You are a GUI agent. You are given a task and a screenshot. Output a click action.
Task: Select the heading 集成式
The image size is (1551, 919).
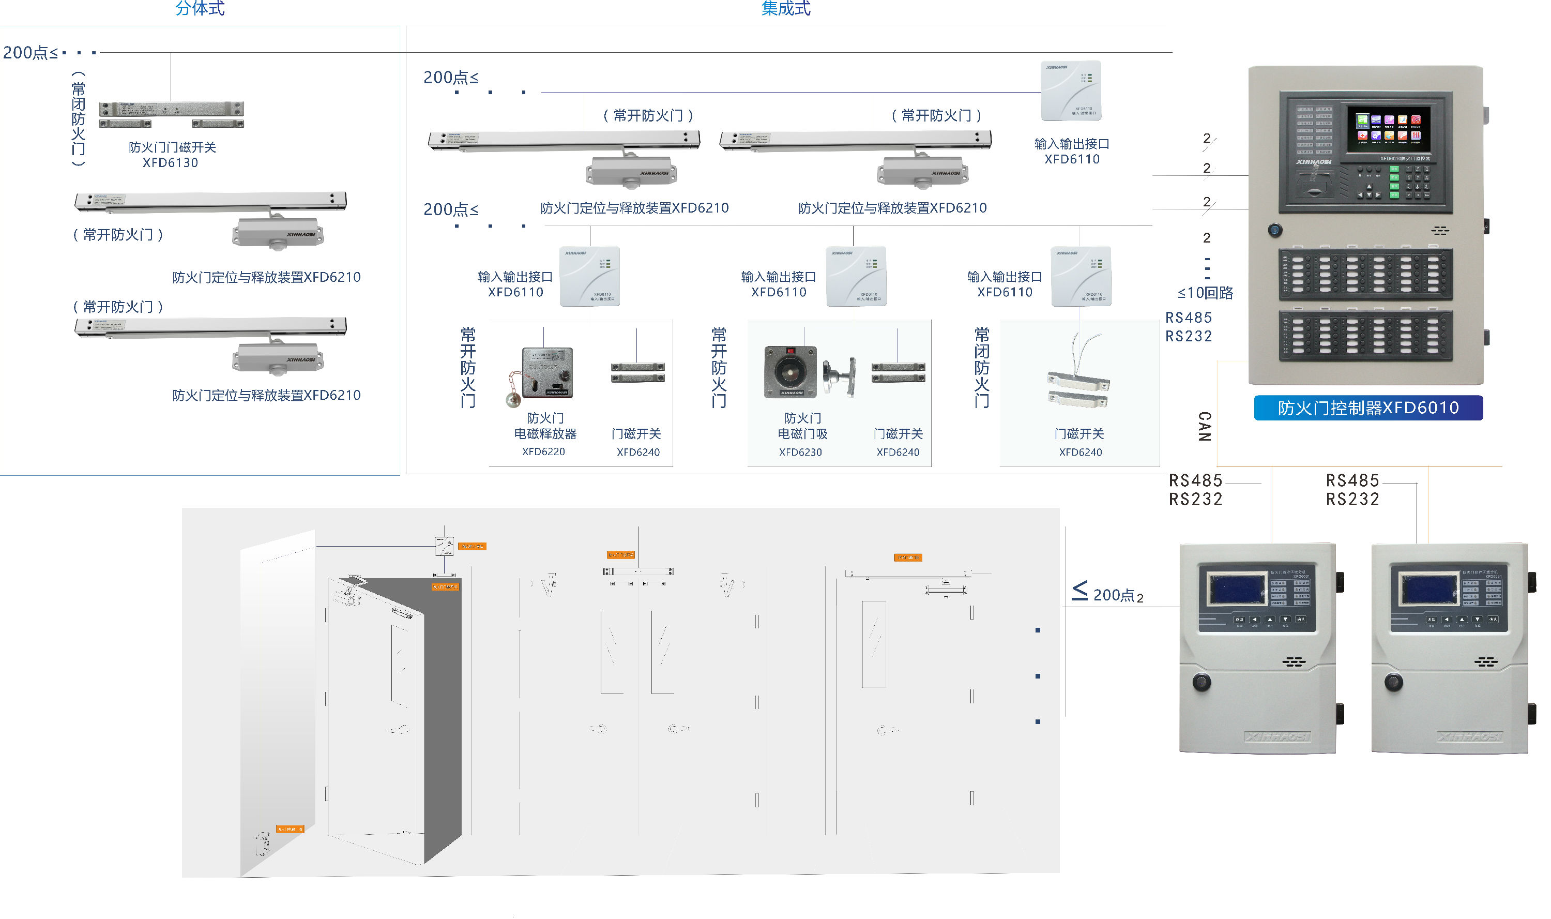(785, 9)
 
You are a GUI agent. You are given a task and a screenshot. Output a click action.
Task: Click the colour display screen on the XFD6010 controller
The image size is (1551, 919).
(1388, 129)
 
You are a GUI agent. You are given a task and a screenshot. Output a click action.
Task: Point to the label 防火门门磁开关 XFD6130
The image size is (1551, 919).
(172, 154)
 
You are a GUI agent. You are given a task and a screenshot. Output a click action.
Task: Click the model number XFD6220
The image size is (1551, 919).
(543, 451)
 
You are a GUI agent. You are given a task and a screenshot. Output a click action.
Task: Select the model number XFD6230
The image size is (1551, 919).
(800, 452)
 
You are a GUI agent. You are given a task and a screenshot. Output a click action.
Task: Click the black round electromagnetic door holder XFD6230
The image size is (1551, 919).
(790, 371)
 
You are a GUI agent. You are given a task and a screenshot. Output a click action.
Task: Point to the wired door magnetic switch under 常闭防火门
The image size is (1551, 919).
(1077, 388)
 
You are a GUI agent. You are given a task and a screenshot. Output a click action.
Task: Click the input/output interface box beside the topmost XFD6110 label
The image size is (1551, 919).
(1071, 91)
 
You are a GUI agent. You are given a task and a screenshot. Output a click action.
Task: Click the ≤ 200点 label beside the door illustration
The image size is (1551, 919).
(1108, 594)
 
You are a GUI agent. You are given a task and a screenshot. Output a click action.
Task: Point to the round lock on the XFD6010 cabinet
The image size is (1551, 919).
(1274, 230)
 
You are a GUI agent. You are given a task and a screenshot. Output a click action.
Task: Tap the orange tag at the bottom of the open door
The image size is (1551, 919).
(290, 828)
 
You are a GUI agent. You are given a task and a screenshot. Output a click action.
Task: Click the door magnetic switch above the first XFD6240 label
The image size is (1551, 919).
(637, 373)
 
